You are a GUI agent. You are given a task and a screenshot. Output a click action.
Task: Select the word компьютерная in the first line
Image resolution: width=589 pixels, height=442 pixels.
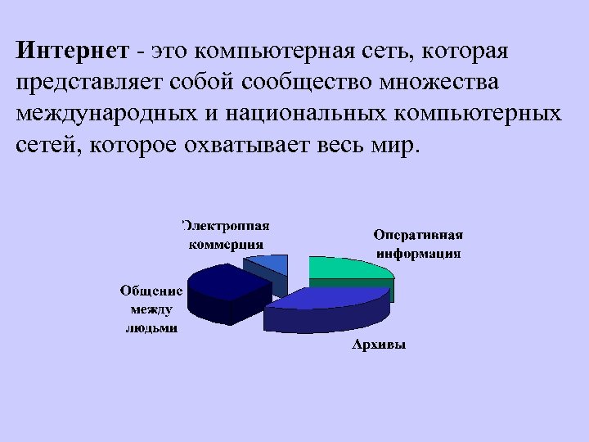276,52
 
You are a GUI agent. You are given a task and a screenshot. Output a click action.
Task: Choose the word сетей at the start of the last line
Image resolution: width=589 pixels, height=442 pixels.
46,146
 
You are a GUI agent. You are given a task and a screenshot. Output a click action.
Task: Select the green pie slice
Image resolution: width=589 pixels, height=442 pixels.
344,268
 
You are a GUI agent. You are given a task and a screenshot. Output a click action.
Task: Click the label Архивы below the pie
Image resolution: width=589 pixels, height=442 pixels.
379,345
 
